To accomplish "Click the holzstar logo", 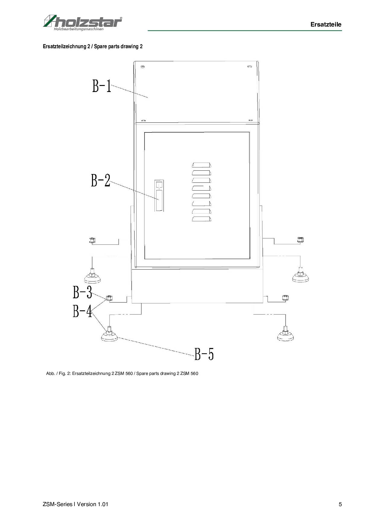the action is coord(82,22).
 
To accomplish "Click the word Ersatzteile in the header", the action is coord(326,24).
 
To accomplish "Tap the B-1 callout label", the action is coord(102,85).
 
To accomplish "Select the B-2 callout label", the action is coord(101,180).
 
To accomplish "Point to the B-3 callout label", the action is coord(82,292).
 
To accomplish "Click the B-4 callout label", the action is coord(82,311).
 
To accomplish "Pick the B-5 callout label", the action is coord(204,354).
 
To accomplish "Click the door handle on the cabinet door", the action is coord(159,195).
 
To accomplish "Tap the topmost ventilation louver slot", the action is coord(201,165).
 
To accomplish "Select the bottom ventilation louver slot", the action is coord(201,219).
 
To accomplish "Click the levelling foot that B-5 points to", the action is coord(109,335).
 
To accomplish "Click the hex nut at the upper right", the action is coord(300,240).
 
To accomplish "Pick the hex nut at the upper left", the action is coord(92,240).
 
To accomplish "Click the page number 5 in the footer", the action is coord(340,504).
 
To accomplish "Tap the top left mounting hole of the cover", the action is coord(143,67).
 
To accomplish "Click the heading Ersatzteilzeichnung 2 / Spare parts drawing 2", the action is coord(93,46).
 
